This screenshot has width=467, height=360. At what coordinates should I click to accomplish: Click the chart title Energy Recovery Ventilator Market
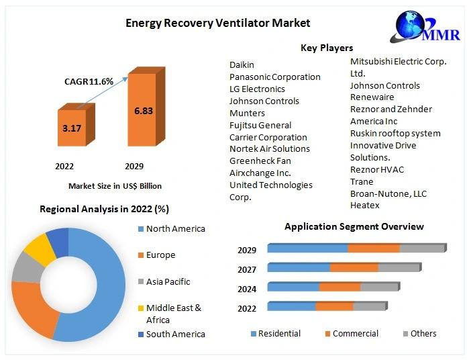click(218, 23)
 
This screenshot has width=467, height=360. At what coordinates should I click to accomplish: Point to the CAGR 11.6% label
click(88, 81)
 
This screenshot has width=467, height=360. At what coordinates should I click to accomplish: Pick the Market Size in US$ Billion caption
click(115, 186)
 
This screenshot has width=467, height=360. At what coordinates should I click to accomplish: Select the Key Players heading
click(326, 48)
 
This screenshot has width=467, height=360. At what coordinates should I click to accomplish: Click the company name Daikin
click(242, 64)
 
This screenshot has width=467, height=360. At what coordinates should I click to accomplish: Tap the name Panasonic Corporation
click(274, 77)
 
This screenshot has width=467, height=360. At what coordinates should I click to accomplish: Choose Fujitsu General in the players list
click(260, 125)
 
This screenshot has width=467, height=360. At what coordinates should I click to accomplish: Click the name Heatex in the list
click(364, 205)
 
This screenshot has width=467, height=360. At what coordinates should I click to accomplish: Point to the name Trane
click(362, 181)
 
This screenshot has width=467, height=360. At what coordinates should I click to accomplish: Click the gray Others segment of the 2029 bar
click(423, 249)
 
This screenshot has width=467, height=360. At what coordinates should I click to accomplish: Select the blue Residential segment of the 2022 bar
click(291, 306)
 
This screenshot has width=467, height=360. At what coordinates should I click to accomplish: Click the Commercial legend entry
click(350, 334)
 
